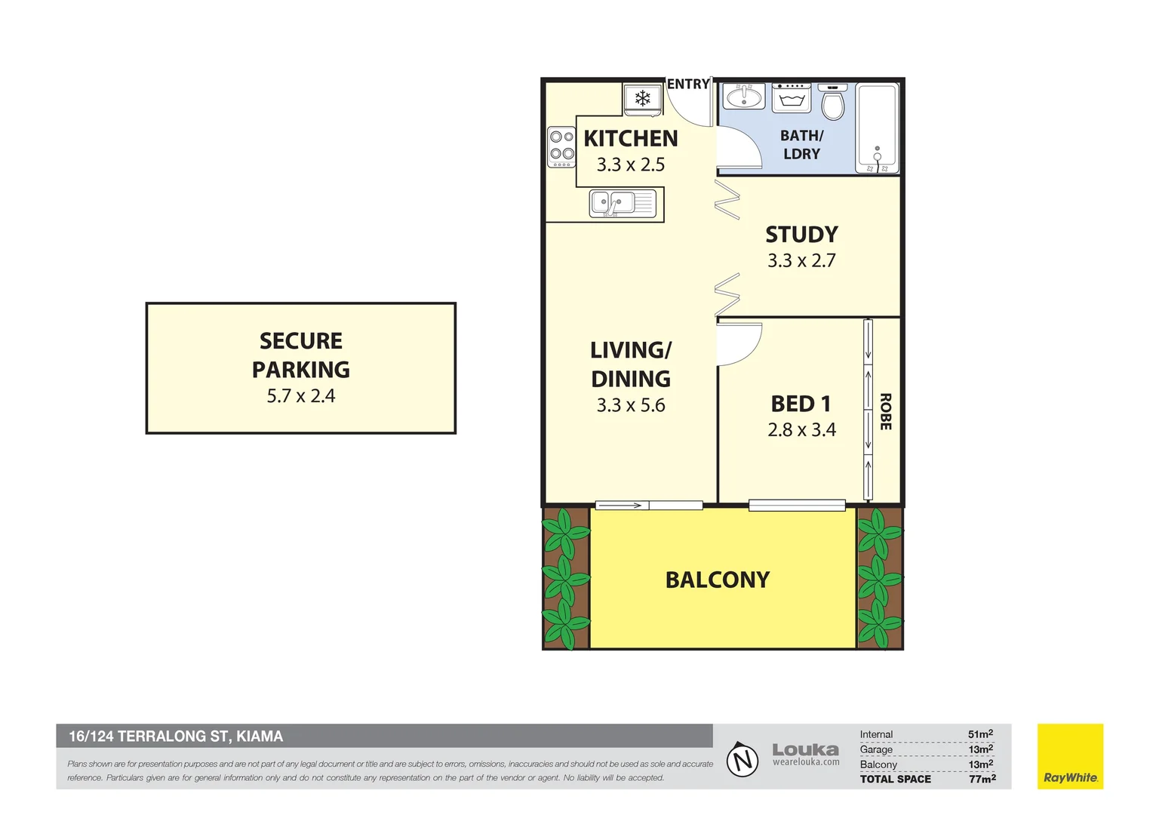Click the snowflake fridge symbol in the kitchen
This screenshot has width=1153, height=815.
pos(642,98)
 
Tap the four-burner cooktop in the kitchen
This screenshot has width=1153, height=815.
pos(561,146)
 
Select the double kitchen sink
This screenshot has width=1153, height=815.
pos(623,203)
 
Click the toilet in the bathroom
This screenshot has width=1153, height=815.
pos(832,102)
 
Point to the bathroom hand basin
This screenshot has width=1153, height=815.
pos(744,97)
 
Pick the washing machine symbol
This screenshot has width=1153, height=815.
pos(791,98)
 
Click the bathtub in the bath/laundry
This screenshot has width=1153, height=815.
pos(878,128)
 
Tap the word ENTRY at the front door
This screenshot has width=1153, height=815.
pos(688,84)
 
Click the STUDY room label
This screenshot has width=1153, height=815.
pos(801,235)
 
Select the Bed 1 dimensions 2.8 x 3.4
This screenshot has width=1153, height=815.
pos(801,430)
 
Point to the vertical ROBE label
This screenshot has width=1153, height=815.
pos(885,411)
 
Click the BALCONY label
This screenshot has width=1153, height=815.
pos(718,580)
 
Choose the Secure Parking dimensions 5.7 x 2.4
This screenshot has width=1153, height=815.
pos(300,396)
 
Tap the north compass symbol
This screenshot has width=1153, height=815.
pos(743,759)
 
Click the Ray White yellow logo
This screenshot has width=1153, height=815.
pos(1070,756)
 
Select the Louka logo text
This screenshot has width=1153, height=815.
pos(806,749)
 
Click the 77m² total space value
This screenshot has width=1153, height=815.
pos(982,779)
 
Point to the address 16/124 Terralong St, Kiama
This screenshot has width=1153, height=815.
pos(176,737)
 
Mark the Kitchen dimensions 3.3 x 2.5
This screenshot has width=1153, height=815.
pos(631,165)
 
